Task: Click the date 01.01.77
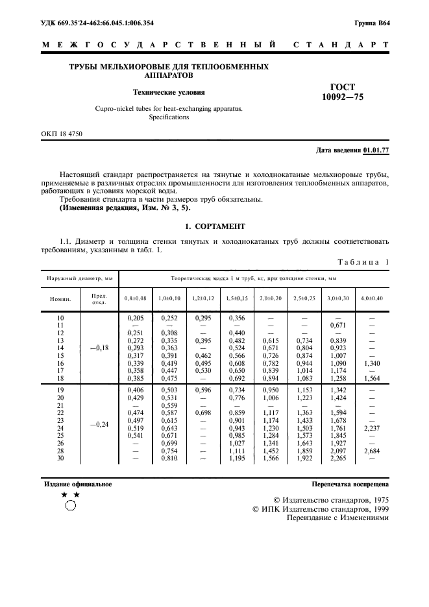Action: pos(377,150)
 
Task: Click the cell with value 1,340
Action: pos(372,364)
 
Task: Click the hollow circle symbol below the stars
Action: pos(71,508)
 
